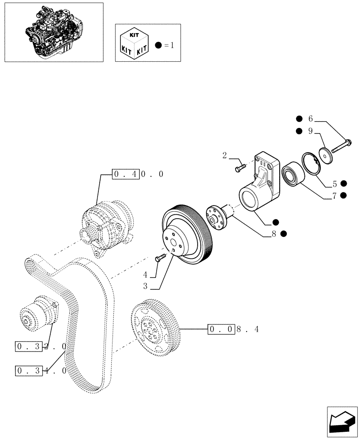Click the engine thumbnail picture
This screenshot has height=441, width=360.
[x=53, y=32]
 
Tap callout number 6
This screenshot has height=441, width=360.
[x=310, y=119]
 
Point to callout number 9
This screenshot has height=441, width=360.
[x=310, y=131]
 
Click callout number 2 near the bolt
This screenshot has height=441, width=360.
[x=225, y=155]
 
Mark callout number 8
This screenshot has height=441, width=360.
[x=274, y=234]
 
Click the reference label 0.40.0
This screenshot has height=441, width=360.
[x=138, y=174]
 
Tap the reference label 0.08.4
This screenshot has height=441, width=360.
[x=233, y=329]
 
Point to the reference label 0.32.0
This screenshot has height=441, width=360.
[x=41, y=347]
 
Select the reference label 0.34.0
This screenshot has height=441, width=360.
[x=41, y=370]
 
